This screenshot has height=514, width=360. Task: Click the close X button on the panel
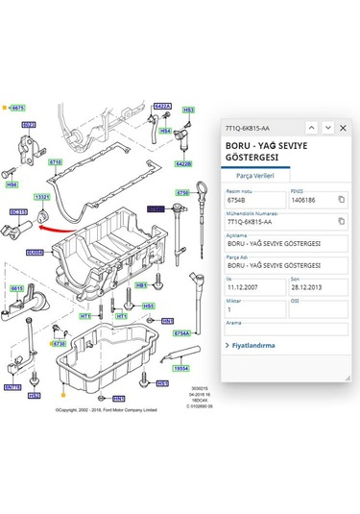(x=342, y=127)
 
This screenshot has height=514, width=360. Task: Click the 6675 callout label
(x=17, y=109)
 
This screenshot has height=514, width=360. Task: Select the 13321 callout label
(x=42, y=198)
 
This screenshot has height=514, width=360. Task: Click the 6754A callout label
(x=181, y=333)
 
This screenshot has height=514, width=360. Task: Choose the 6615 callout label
(x=17, y=288)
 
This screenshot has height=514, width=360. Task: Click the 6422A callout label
(x=161, y=107)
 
